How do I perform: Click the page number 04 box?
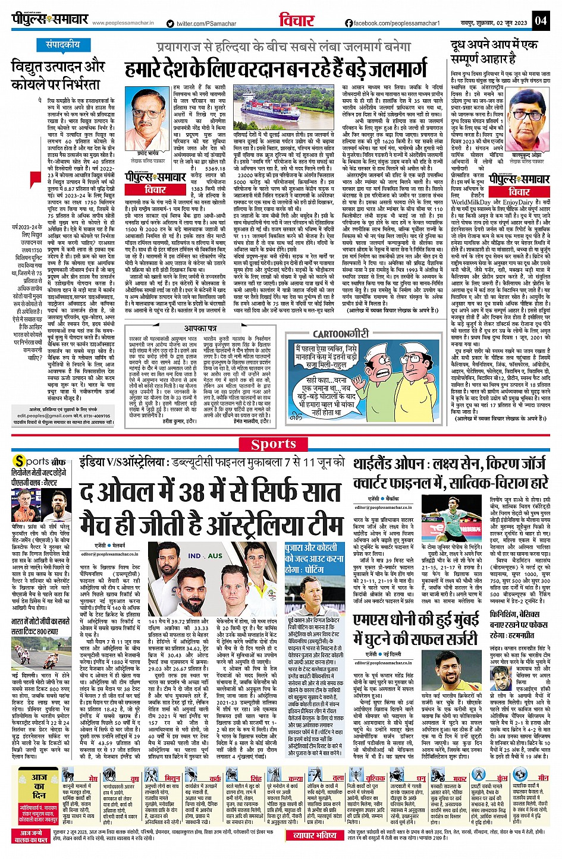point(540,20)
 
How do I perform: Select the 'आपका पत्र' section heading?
point(200,328)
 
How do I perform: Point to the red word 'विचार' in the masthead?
point(297,20)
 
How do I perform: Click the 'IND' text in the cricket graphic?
point(195,556)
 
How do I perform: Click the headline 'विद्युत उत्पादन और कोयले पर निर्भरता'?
point(58,75)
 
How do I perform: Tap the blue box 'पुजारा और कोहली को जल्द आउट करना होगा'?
point(314,559)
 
